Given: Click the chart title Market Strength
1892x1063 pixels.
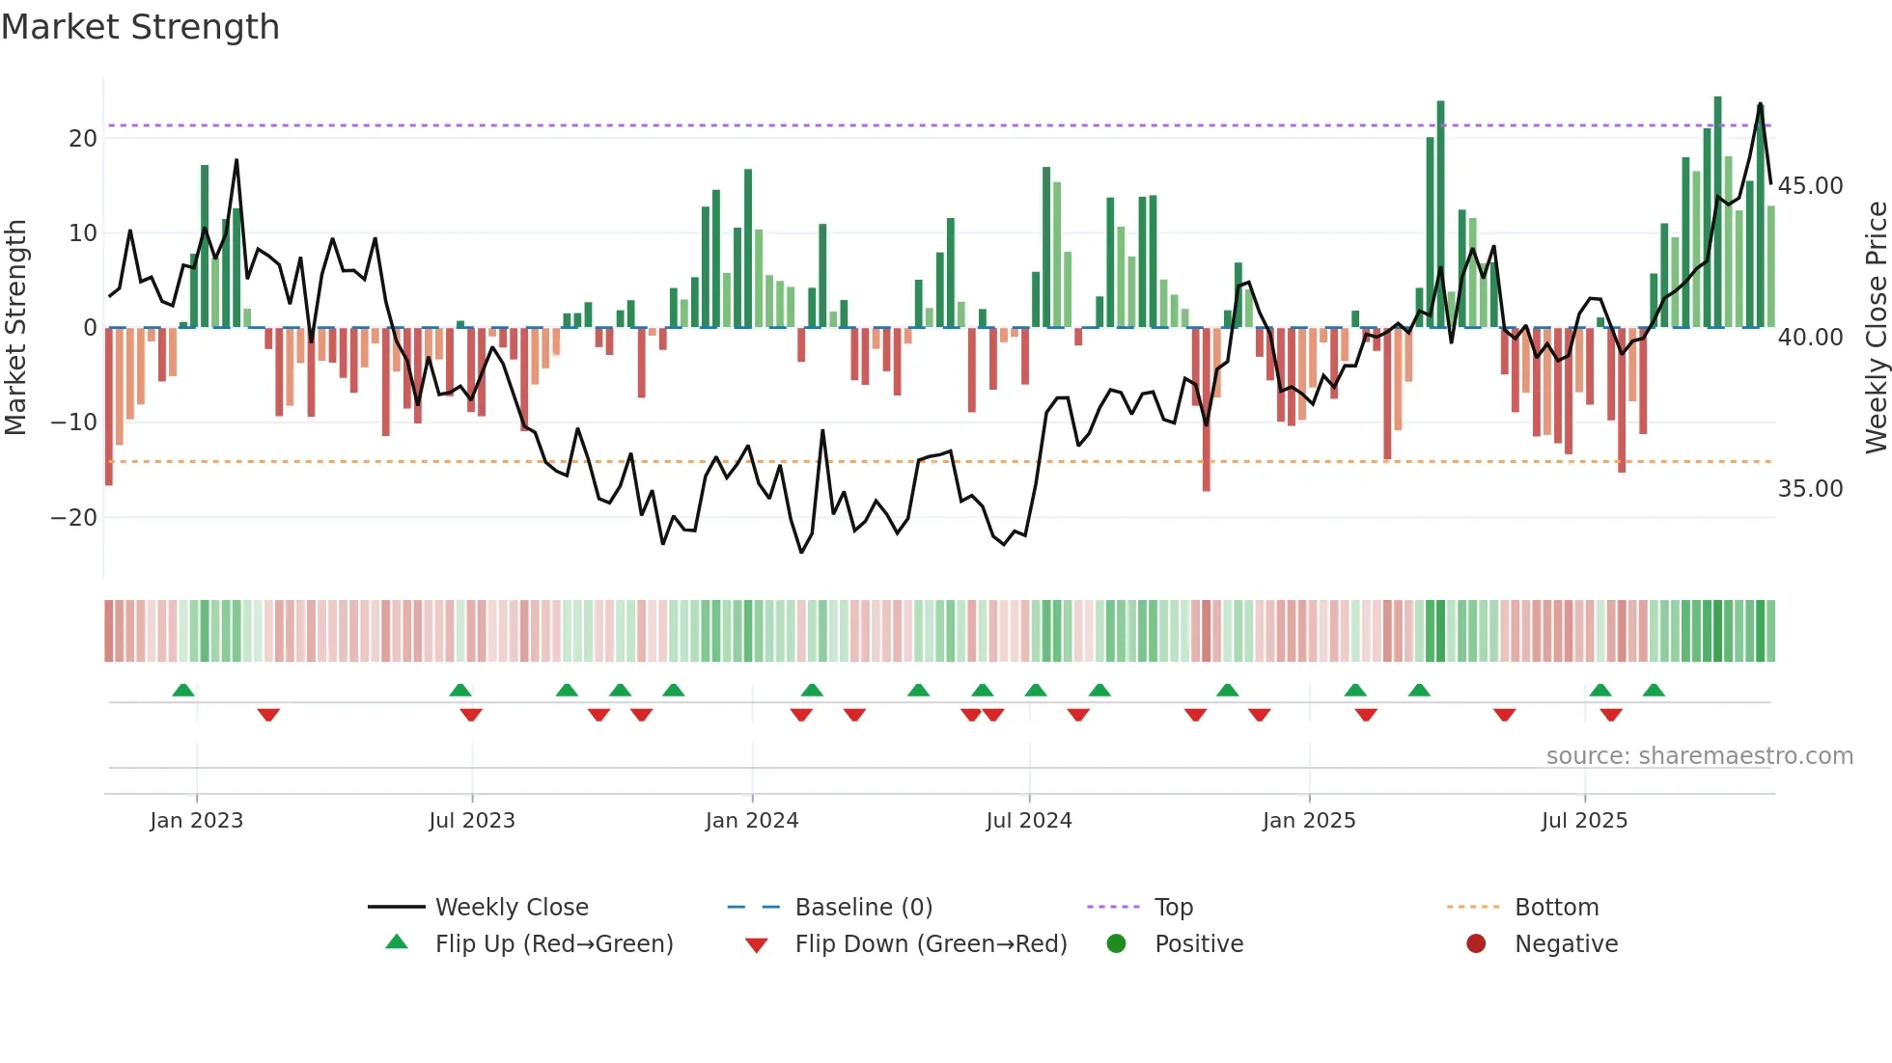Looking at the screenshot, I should pyautogui.click(x=140, y=27).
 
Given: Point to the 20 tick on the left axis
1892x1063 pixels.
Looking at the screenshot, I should pyautogui.click(x=83, y=138).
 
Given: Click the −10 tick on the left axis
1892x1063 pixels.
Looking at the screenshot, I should pyautogui.click(x=74, y=422).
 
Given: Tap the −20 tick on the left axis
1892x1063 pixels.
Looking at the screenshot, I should pyautogui.click(x=74, y=517).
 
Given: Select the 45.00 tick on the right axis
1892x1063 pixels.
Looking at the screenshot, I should pyautogui.click(x=1810, y=185).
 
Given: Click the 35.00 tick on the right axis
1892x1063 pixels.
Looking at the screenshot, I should pyautogui.click(x=1810, y=488).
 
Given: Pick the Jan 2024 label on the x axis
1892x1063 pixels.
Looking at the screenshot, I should pyautogui.click(x=752, y=821).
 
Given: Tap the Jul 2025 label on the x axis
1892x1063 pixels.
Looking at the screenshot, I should pyautogui.click(x=1584, y=821).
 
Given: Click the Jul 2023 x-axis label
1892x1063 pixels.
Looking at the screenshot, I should pyautogui.click(x=472, y=821).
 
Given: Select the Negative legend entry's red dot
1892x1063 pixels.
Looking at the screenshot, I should pyautogui.click(x=1476, y=943).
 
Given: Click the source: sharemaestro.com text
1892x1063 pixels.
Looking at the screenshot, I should pyautogui.click(x=1699, y=756).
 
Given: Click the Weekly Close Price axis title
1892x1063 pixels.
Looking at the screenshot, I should pyautogui.click(x=1876, y=327).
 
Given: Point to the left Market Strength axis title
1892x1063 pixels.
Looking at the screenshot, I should pyautogui.click(x=15, y=327).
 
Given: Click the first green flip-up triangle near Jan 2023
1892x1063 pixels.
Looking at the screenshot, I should pyautogui.click(x=183, y=690).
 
